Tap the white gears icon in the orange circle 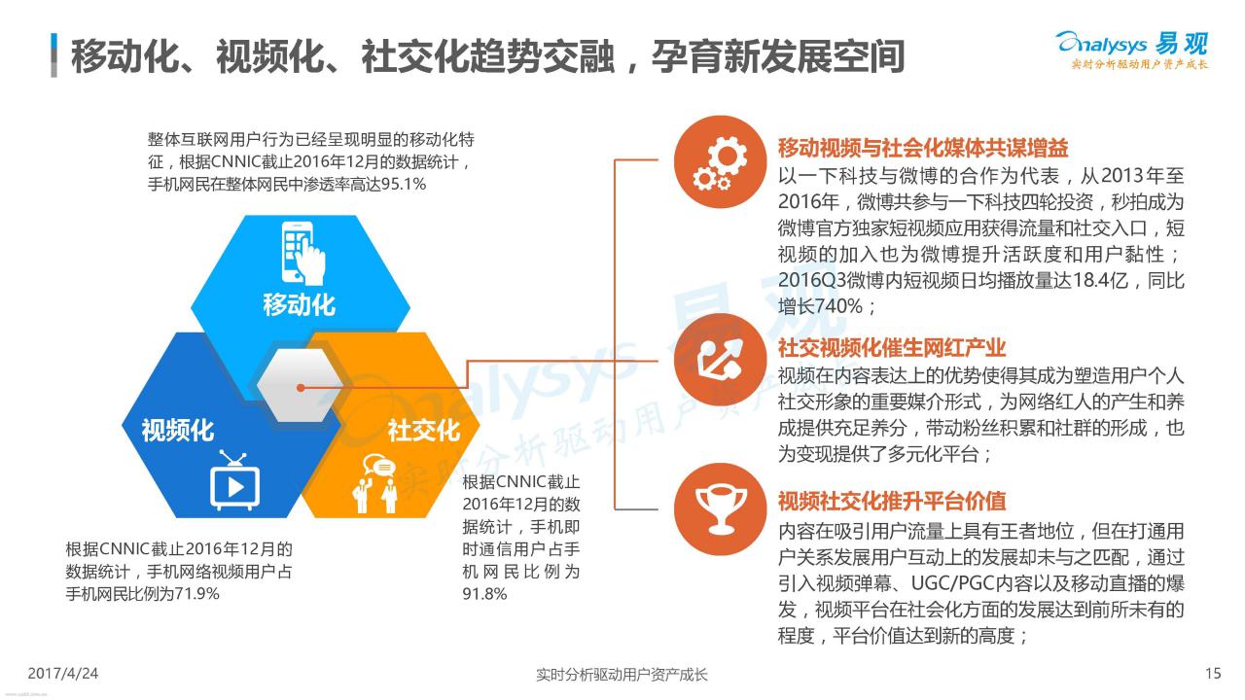coord(721,162)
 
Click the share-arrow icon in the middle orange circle coord(721,360)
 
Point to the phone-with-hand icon coord(302,253)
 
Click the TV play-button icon coord(234,480)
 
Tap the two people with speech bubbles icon coord(375,483)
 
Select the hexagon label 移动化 coord(299,305)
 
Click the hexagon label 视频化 coord(177,430)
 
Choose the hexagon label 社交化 coord(423,431)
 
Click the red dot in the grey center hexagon coord(301,387)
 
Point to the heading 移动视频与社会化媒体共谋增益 coord(923,148)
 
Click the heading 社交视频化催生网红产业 coord(892,348)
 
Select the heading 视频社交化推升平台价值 coord(892,501)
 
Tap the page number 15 coord(1213,674)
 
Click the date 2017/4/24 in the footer coord(63,674)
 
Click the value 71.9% coord(196,594)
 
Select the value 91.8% coord(484,594)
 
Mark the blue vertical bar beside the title coord(53,55)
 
